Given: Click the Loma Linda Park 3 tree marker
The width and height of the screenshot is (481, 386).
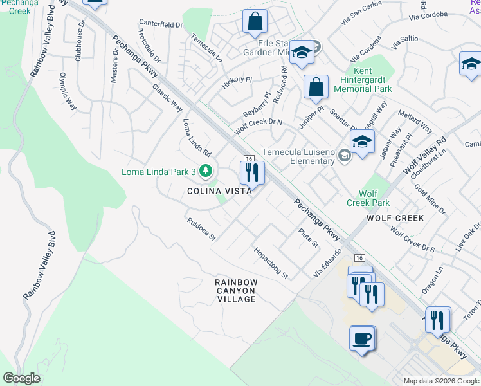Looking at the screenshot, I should tap(206, 171).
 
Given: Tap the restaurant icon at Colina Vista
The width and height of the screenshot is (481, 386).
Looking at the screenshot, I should tap(251, 172).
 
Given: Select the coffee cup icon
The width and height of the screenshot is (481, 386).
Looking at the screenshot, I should tap(362, 338).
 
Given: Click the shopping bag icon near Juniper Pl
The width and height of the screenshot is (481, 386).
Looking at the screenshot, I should tap(316, 87).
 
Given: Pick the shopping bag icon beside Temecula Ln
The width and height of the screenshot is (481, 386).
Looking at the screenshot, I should tap(255, 21).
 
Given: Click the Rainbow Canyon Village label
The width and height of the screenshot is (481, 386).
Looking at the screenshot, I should tap(236, 291).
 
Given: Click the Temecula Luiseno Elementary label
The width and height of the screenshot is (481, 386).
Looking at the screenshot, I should tap(298, 157).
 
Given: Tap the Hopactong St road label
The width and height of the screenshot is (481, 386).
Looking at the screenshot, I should tap(271, 263).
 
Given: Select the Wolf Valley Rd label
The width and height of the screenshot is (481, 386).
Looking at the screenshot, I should tap(424, 156).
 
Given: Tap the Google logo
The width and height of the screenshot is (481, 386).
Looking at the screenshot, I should tap(22, 378).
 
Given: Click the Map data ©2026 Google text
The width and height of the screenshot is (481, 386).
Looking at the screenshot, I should tap(440, 381).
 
